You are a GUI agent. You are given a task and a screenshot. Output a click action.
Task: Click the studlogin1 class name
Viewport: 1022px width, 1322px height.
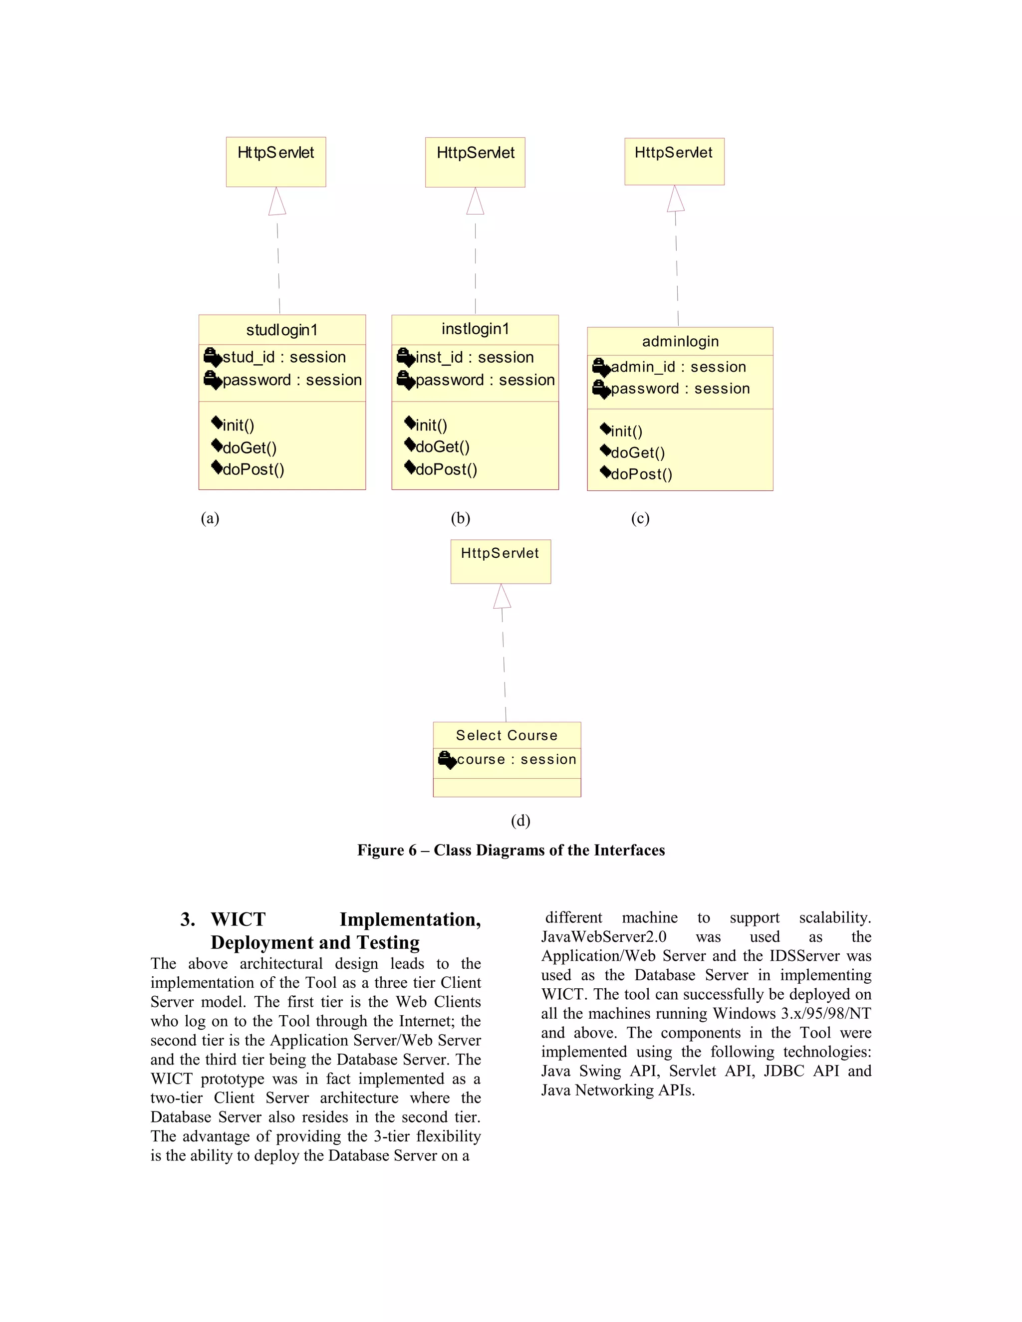[281, 330]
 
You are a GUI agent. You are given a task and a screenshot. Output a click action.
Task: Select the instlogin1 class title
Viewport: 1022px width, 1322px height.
[475, 329]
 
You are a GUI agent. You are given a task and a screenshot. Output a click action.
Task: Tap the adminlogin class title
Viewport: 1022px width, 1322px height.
[680, 341]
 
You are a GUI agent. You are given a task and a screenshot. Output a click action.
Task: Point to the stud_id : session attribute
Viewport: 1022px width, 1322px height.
[284, 357]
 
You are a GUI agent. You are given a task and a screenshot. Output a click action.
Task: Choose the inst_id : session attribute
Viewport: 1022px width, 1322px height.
[475, 357]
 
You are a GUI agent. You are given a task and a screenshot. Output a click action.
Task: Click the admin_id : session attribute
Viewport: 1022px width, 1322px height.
[678, 367]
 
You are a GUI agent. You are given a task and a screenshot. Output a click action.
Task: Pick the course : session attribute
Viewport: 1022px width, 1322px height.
[516, 759]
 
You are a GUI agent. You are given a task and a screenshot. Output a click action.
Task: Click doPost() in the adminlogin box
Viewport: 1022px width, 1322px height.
[641, 474]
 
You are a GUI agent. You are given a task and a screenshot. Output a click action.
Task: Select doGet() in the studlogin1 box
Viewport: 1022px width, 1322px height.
[250, 448]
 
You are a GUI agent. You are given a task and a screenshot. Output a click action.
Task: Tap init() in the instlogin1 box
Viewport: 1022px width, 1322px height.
[431, 426]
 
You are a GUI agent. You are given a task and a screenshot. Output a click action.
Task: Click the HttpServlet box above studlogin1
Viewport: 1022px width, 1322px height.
[276, 161]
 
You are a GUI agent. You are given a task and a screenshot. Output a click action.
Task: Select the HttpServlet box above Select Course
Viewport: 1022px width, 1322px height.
[501, 561]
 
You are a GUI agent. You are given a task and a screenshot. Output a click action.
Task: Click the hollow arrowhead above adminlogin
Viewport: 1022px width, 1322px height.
[676, 199]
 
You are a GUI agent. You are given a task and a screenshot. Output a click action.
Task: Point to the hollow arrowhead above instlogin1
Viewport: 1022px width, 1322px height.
[475, 201]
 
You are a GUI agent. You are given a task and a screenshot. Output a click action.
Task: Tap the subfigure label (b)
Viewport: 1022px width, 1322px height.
[460, 518]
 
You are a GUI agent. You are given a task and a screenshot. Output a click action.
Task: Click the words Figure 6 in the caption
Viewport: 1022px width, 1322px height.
[386, 851]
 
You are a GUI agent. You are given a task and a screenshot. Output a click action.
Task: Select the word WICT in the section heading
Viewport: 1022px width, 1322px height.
[238, 919]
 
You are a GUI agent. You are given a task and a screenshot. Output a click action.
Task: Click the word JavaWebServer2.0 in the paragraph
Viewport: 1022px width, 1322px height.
[604, 937]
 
